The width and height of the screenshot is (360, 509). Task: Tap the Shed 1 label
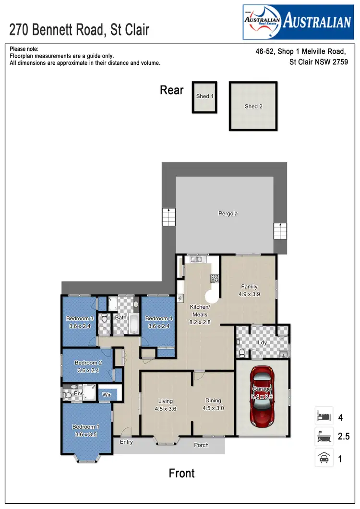coord(205,96)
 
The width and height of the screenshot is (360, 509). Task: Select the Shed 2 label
coord(253,106)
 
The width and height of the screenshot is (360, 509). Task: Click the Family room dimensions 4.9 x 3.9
coord(249,295)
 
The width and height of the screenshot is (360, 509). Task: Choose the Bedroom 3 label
coord(80,318)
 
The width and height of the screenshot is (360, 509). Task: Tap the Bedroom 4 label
coord(158,318)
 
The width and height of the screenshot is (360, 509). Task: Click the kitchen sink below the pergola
coord(196,259)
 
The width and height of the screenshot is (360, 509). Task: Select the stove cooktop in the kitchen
coord(215,278)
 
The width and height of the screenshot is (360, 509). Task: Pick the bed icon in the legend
coord(324,416)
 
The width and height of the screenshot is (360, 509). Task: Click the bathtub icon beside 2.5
coord(324,437)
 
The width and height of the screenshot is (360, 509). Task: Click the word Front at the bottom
coord(182,473)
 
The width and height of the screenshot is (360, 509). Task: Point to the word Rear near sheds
coord(171,90)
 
